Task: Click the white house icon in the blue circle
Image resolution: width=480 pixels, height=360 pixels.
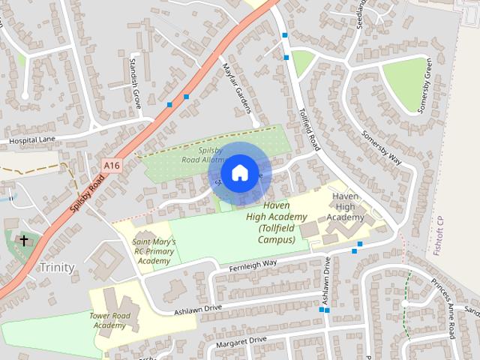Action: (238, 172)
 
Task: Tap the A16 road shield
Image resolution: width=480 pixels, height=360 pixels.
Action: (112, 165)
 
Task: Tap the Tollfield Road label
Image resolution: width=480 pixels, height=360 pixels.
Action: (307, 119)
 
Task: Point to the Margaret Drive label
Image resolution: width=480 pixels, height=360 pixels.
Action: (241, 340)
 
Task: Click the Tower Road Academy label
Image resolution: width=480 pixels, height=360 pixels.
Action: (109, 320)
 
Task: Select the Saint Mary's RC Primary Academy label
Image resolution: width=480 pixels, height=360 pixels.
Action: (154, 251)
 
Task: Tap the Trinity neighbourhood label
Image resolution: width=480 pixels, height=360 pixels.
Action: (57, 267)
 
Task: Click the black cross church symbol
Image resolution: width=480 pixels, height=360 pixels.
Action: (24, 241)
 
